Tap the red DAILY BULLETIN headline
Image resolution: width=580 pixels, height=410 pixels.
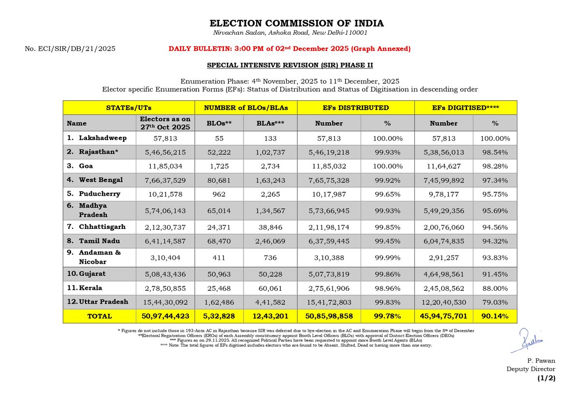click(290, 49)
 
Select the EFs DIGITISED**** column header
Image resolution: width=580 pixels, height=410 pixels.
click(465, 108)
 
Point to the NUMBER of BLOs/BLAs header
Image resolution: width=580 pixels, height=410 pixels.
click(246, 108)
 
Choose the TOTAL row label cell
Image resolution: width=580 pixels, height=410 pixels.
click(99, 316)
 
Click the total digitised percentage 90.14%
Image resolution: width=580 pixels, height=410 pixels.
click(495, 316)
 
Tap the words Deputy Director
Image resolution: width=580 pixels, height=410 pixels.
click(531, 369)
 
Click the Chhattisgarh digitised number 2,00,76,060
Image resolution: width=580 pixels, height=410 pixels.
click(443, 227)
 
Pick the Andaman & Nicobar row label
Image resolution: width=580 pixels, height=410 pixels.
click(95, 257)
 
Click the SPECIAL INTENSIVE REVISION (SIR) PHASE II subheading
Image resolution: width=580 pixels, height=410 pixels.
click(290, 65)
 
